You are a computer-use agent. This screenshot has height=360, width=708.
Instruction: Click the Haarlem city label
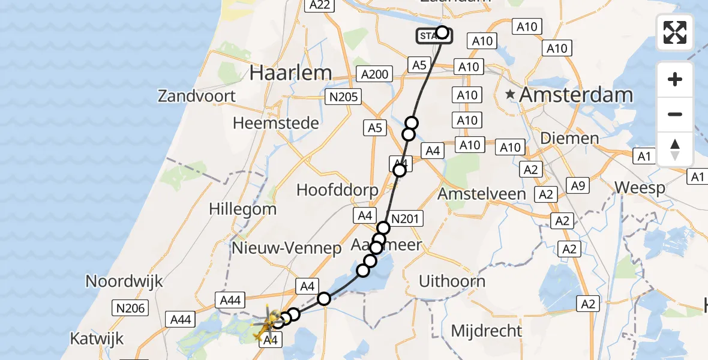pyautogui.click(x=290, y=73)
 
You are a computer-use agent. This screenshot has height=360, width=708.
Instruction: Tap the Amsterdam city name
pyautogui.click(x=576, y=95)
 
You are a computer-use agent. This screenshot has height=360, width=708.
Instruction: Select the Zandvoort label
pyautogui.click(x=197, y=96)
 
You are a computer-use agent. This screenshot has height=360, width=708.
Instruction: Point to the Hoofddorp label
pyautogui.click(x=337, y=190)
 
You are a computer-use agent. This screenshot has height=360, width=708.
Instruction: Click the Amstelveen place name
pyautogui.click(x=481, y=194)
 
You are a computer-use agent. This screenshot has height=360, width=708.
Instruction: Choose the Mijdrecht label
pyautogui.click(x=486, y=331)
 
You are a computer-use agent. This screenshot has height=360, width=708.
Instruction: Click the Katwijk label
pyautogui.click(x=97, y=338)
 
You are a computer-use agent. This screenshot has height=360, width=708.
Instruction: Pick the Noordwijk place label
pyautogui.click(x=125, y=281)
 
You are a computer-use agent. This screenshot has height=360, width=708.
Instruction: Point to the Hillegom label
pyautogui.click(x=242, y=209)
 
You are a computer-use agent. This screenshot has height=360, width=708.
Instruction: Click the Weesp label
pyautogui.click(x=640, y=188)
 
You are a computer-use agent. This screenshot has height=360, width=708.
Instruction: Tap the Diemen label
pyautogui.click(x=569, y=138)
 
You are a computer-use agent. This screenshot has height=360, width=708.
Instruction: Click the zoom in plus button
pyautogui.click(x=675, y=79)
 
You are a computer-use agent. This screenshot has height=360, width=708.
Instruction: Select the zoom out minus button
pyautogui.click(x=675, y=114)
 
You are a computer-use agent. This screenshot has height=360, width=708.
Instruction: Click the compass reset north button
pyautogui.click(x=675, y=149)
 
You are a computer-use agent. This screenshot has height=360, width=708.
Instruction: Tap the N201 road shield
pyautogui.click(x=405, y=219)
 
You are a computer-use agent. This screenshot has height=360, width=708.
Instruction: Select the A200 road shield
pyautogui.click(x=375, y=74)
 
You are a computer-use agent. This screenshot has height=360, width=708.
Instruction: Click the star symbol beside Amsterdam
pyautogui.click(x=510, y=94)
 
